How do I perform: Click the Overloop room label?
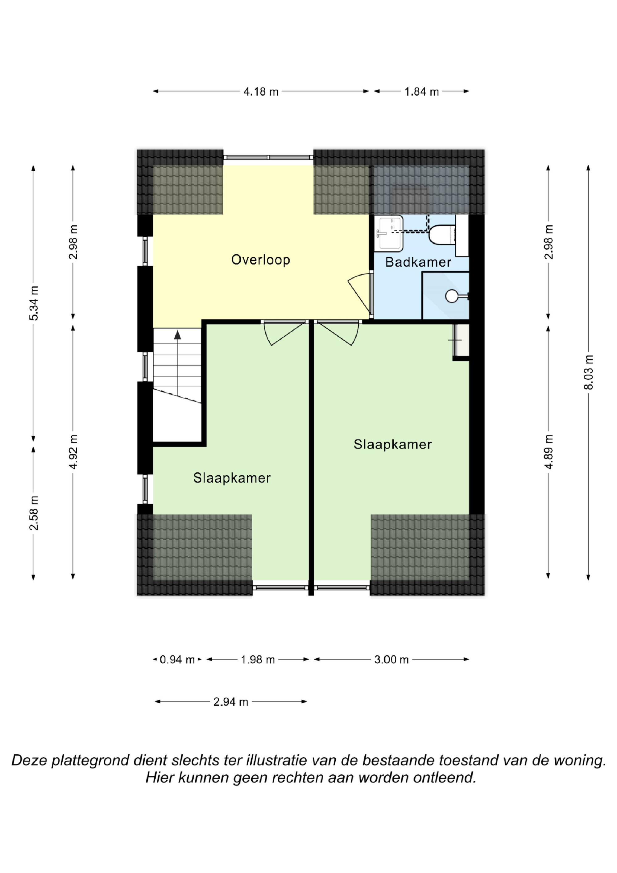(260, 260)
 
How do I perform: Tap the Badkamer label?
(418, 262)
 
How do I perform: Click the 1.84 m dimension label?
(422, 92)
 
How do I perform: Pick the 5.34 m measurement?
(34, 303)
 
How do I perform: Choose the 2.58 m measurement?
(34, 513)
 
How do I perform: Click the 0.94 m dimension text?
(177, 659)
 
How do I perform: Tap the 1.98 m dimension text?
(258, 659)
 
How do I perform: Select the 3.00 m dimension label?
(391, 659)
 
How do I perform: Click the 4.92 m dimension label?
(73, 452)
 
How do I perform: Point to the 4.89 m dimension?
(548, 452)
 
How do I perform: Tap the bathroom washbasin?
(388, 234)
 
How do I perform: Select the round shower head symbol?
(452, 296)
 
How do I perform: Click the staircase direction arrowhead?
(177, 335)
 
